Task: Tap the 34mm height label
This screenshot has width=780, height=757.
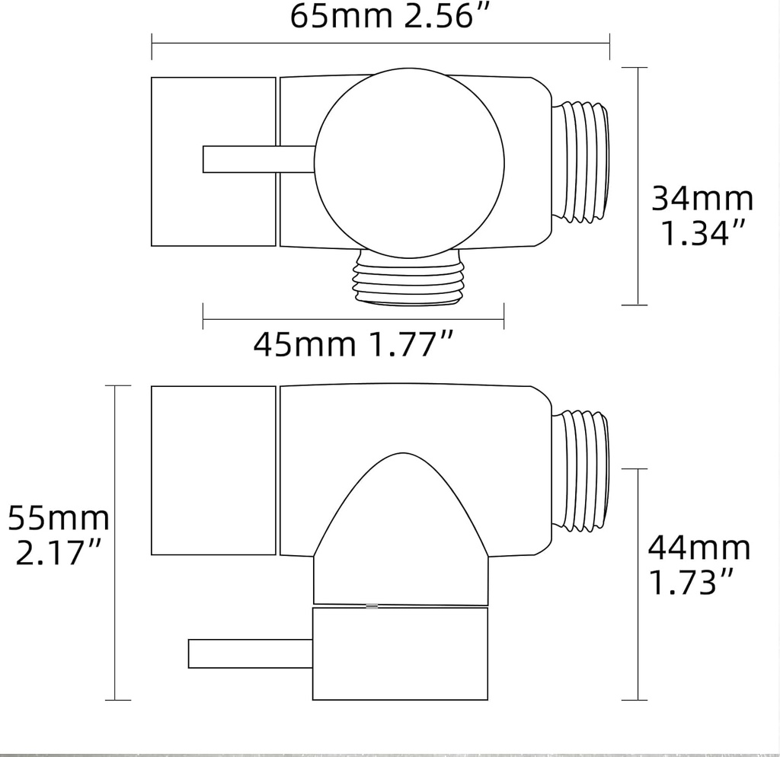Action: click(x=702, y=200)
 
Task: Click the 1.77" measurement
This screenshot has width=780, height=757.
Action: click(x=411, y=345)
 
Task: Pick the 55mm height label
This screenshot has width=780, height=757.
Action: click(x=58, y=519)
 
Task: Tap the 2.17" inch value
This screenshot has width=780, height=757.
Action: click(x=58, y=553)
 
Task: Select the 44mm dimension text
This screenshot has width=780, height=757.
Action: click(x=698, y=548)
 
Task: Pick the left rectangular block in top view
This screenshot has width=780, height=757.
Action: click(x=213, y=161)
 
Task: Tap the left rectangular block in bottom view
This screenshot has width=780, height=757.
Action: click(x=213, y=470)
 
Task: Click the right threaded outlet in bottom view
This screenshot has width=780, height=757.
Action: click(x=580, y=470)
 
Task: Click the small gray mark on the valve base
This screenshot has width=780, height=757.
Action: click(x=372, y=606)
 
